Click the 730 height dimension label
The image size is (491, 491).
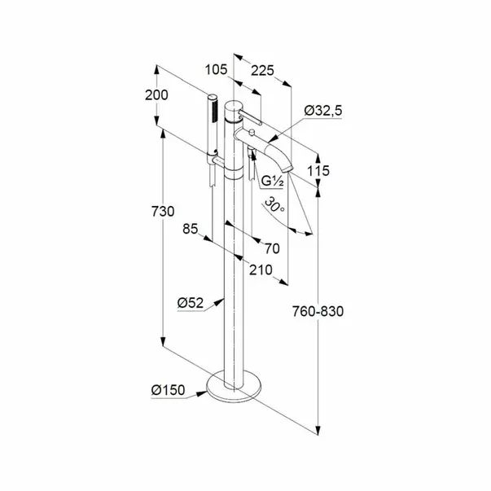tap(163, 212)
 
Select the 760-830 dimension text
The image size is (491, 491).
tap(318, 311)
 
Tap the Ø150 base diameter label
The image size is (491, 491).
tap(169, 390)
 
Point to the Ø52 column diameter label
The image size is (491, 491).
tap(191, 303)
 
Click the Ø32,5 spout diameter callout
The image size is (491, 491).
tap(323, 111)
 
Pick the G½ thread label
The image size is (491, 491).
tap(273, 182)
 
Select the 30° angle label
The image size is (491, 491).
tap(274, 205)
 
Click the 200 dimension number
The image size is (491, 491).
tap(156, 95)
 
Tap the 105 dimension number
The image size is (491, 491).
tap(216, 69)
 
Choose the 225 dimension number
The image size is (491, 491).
tap(262, 71)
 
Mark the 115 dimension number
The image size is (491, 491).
tap(318, 171)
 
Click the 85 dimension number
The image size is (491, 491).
tap(191, 229)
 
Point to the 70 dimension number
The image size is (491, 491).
tap(272, 248)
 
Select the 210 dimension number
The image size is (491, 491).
tap(261, 270)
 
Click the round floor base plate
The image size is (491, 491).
tap(234, 395)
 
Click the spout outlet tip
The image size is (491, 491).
tap(287, 169)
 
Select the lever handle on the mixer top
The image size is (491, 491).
tap(250, 117)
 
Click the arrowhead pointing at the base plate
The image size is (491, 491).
tap(201, 393)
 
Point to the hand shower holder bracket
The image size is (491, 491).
tap(218, 161)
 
